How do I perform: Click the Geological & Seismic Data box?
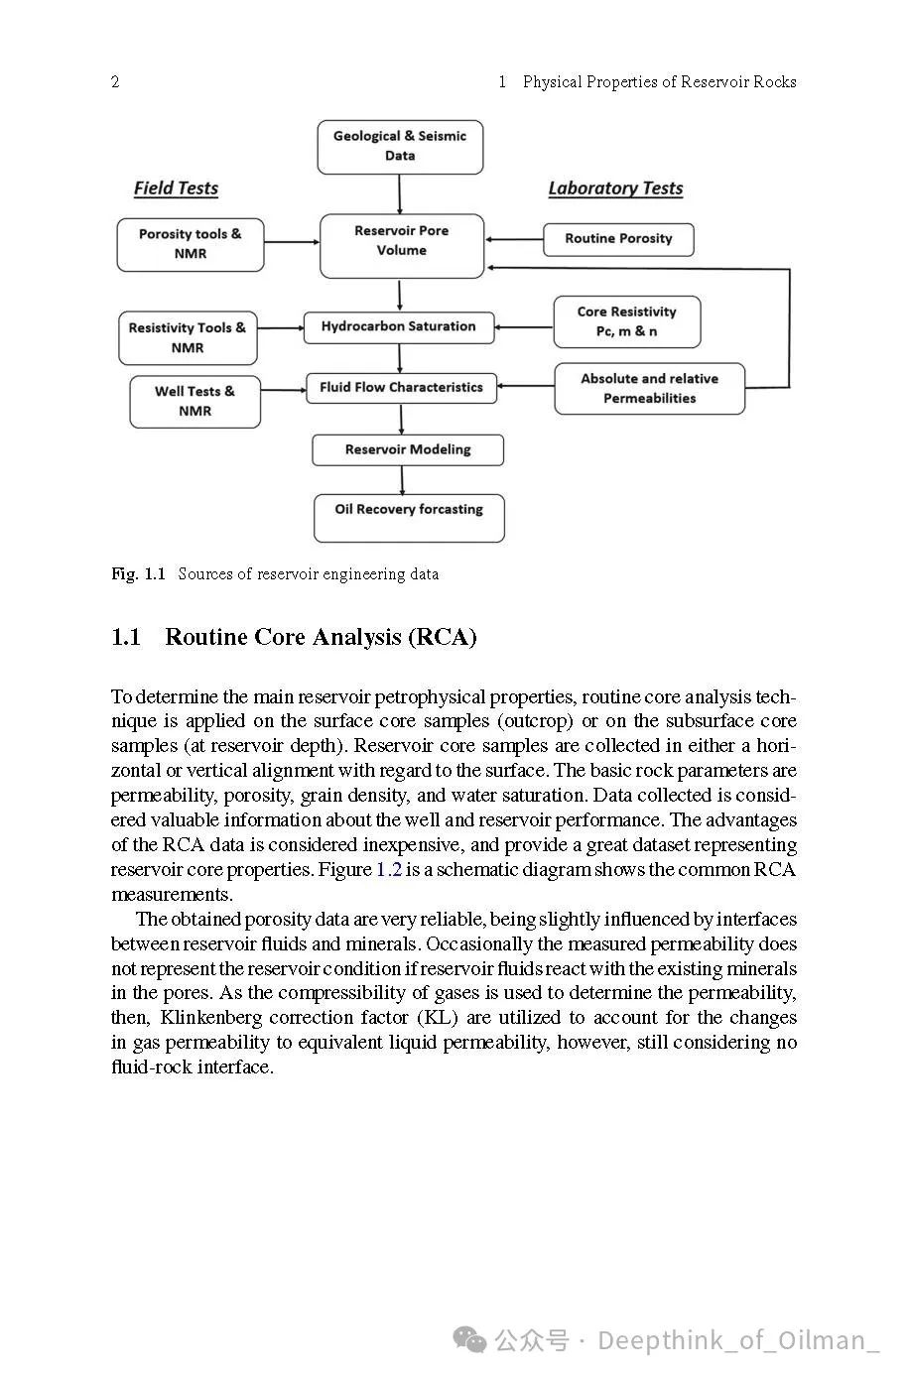point(400,147)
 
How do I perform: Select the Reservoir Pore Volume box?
point(401,245)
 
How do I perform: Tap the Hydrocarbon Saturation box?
point(398,327)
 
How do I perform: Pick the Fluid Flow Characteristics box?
point(401,389)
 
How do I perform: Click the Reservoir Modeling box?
point(408,450)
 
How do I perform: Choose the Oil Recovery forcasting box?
point(409,518)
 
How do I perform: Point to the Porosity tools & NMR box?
point(191,245)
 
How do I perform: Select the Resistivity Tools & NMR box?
point(187,338)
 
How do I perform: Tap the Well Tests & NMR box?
point(195,402)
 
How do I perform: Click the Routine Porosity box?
point(618,239)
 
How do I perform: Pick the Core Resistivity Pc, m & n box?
point(626,321)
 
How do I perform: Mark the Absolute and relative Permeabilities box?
point(649,389)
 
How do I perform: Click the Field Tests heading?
point(176,188)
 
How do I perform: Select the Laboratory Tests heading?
point(615,188)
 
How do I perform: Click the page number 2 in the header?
point(115,82)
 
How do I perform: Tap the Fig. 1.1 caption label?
point(138,573)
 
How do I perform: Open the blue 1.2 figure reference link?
point(388,870)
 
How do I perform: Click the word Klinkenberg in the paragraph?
point(211,1018)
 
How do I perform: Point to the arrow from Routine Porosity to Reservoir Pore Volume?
point(514,239)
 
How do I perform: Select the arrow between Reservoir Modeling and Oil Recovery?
point(402,480)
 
